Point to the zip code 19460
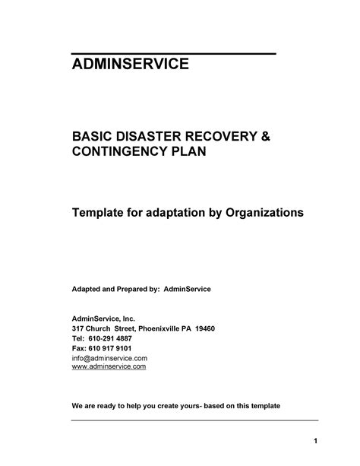205,329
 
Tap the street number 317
78,329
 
